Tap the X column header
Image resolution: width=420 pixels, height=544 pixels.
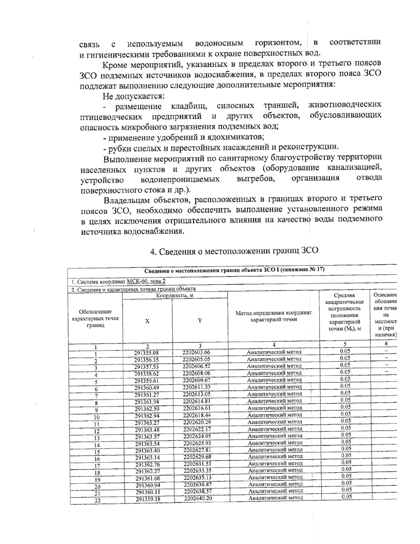[147, 321]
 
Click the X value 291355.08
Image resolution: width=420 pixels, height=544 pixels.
[147, 353]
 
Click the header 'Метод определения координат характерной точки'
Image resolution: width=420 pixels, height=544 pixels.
[273, 316]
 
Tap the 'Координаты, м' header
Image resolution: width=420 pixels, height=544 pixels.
[175, 295]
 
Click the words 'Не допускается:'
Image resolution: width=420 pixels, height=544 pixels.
[134, 96]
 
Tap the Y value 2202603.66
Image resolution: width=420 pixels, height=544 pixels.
[197, 352]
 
